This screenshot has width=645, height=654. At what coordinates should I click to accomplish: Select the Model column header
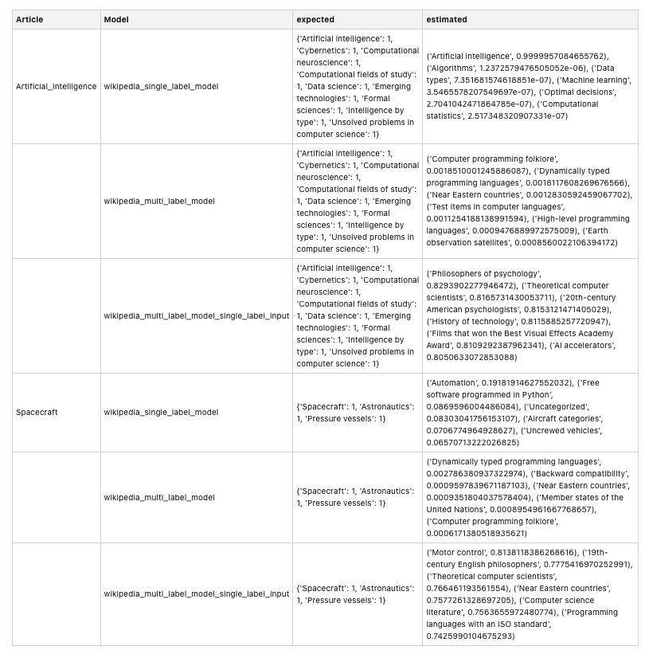(x=115, y=19)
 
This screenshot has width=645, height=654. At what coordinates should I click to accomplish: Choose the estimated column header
(x=447, y=19)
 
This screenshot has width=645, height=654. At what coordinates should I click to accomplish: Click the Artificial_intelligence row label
(x=56, y=86)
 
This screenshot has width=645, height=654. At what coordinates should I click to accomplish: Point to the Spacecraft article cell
(x=37, y=413)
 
